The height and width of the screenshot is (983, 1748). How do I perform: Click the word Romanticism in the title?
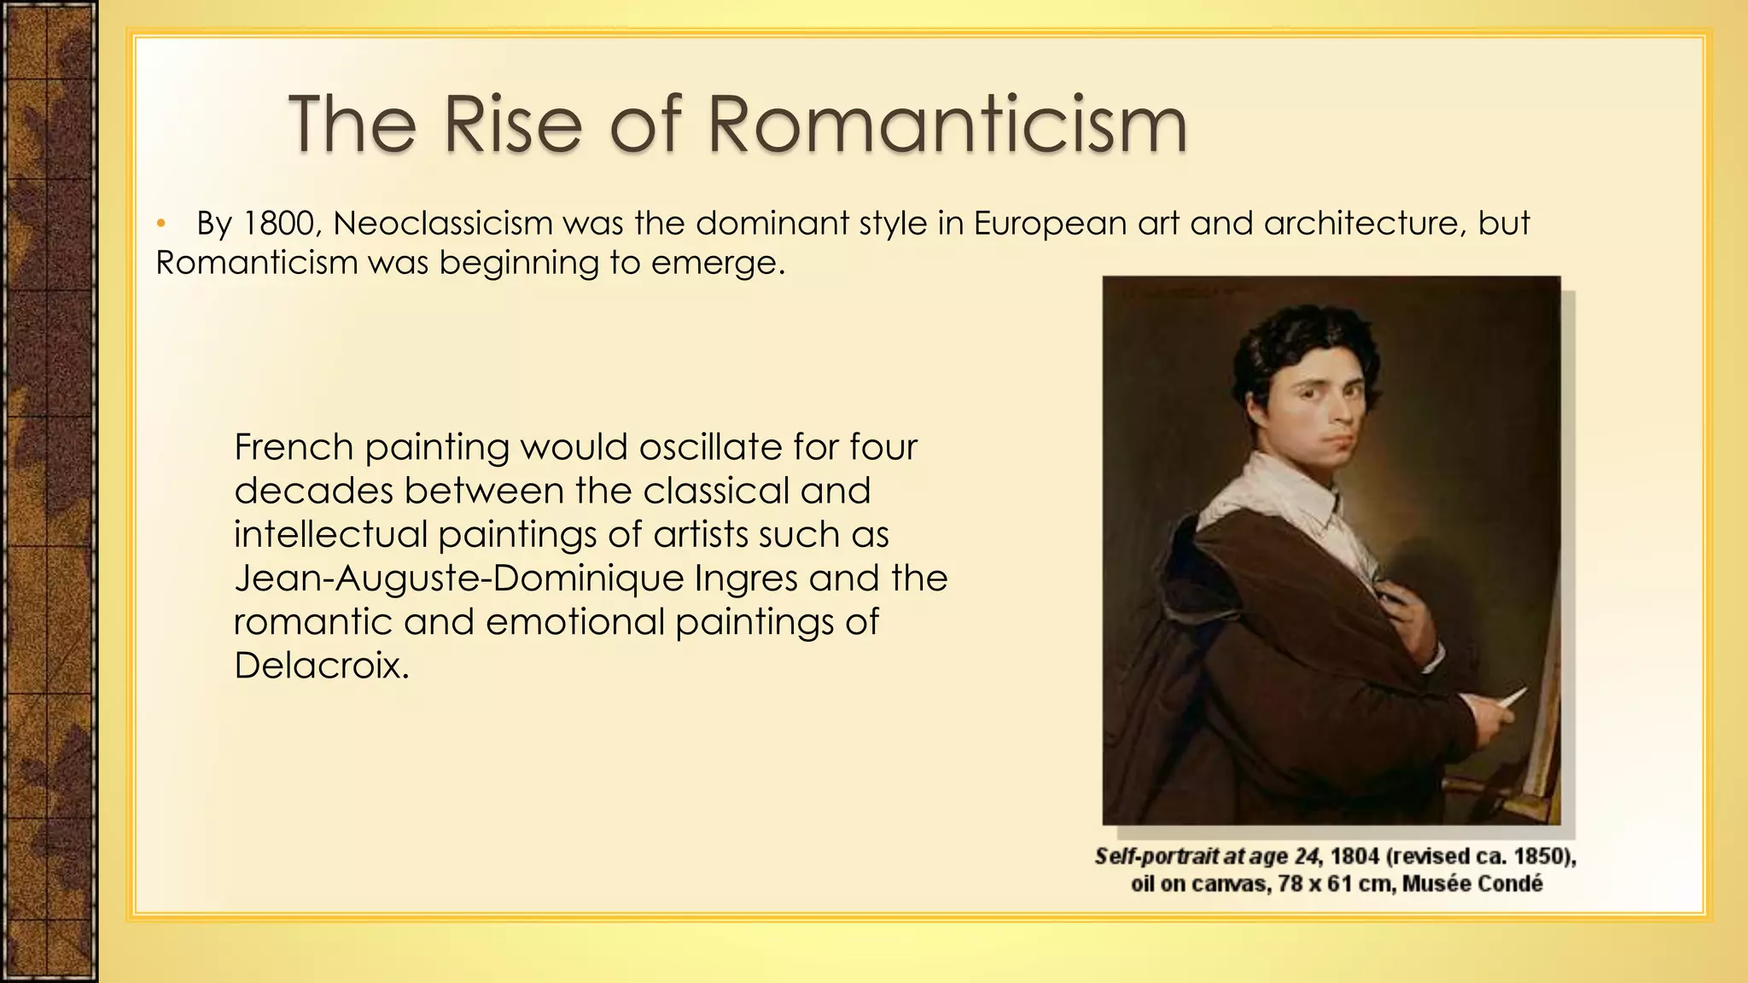[x=947, y=124]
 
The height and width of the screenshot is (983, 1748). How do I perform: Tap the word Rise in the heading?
[x=512, y=124]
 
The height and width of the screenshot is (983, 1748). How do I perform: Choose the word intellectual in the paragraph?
[x=330, y=535]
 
